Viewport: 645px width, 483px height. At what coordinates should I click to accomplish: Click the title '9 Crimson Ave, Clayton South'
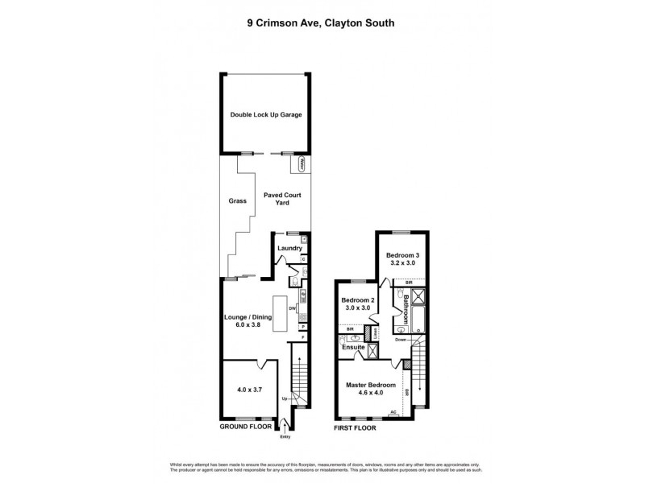[322, 23]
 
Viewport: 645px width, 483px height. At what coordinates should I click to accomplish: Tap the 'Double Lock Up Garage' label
[265, 115]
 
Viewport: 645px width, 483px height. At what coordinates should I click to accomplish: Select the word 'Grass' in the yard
[237, 200]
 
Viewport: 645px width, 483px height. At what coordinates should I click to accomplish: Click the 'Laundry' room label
[289, 248]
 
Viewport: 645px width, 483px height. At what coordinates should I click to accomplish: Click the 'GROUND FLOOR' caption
[246, 427]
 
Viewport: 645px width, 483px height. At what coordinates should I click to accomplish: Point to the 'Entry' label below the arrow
[285, 437]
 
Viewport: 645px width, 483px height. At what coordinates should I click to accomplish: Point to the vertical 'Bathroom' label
[406, 311]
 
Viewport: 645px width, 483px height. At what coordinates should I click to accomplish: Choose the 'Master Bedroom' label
[371, 386]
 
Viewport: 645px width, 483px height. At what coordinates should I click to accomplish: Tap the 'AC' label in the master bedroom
[393, 412]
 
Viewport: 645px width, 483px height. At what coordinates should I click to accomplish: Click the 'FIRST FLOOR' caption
[356, 427]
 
